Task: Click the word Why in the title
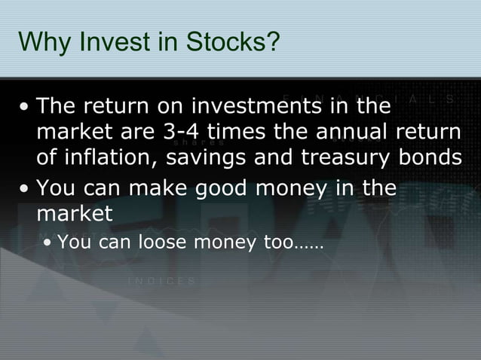(40, 42)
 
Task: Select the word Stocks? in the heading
(226, 42)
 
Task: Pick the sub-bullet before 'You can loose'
(47, 244)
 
